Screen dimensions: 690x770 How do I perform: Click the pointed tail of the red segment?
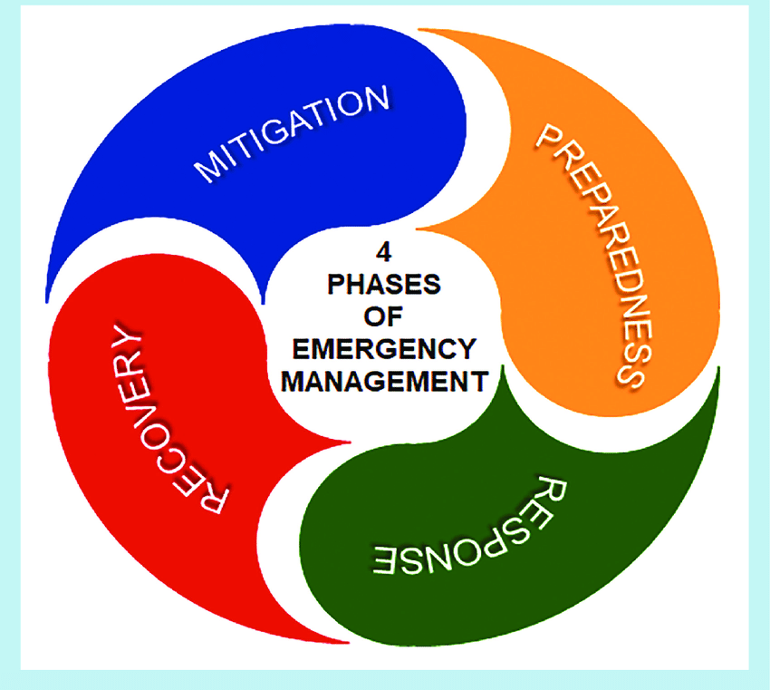tap(344, 443)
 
